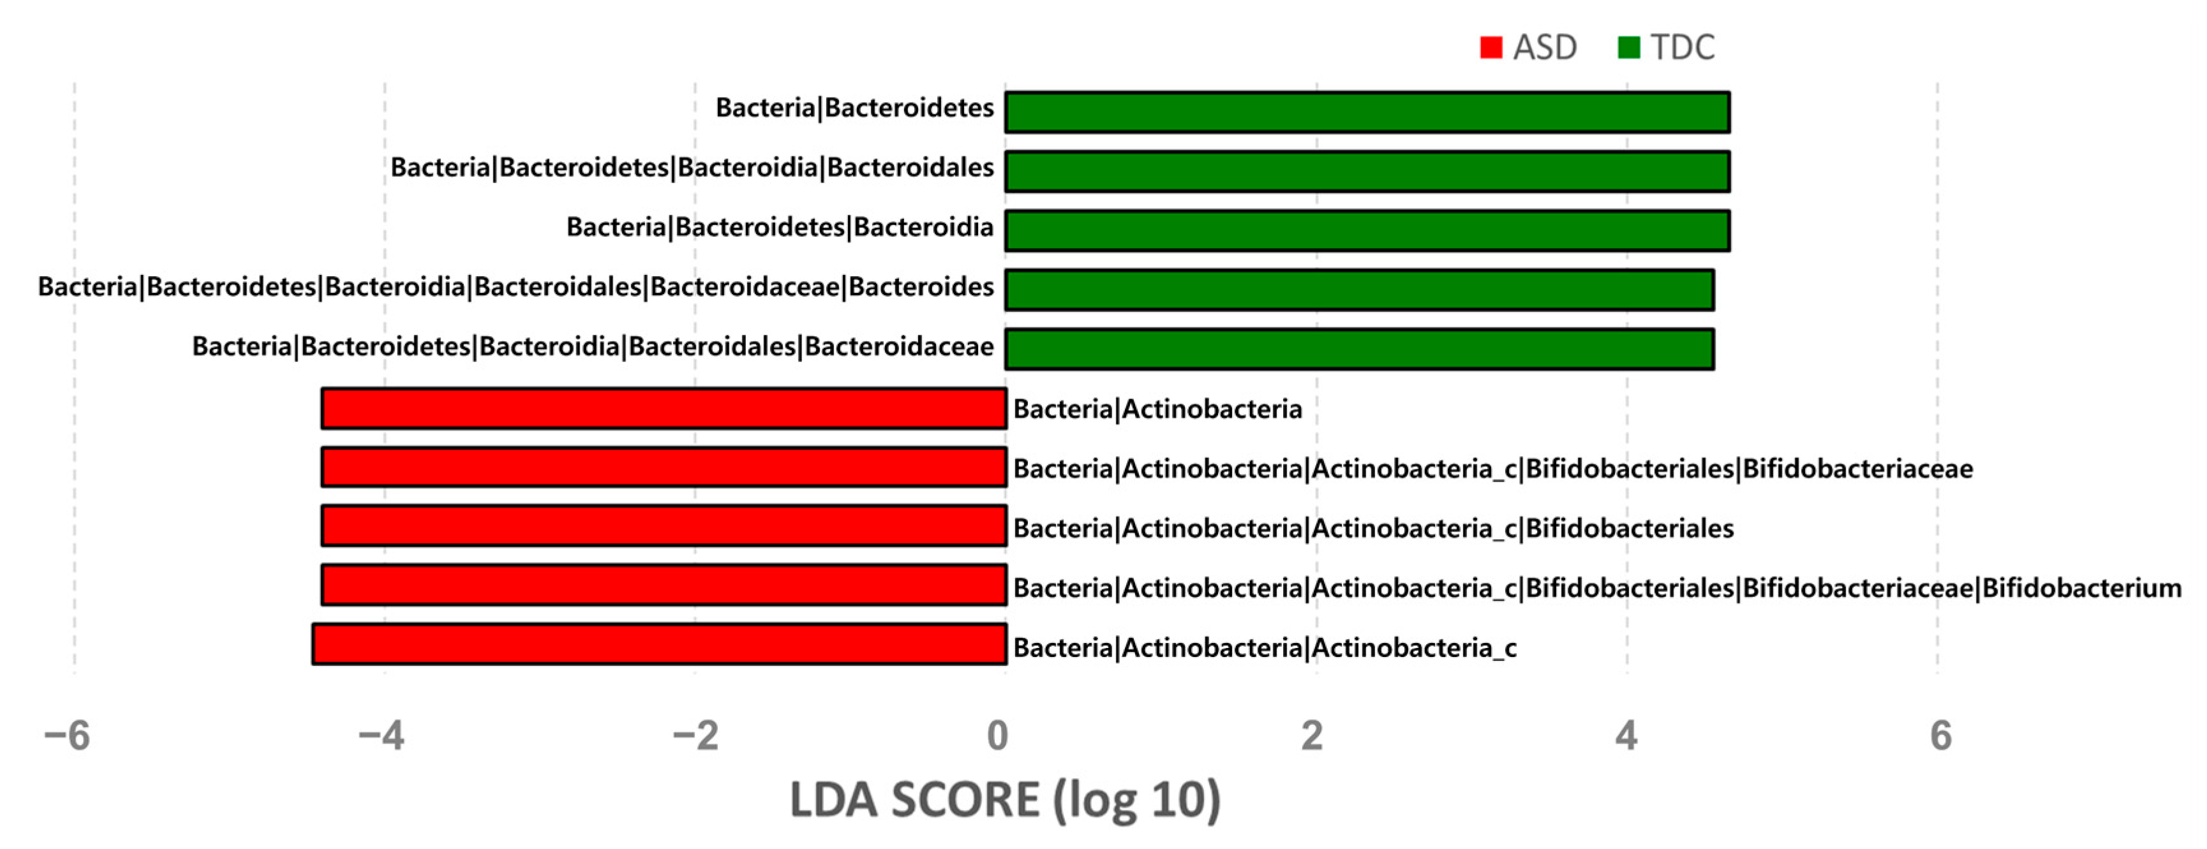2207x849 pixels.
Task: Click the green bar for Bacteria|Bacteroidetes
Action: pos(1367,112)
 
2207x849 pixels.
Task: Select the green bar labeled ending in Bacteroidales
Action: pos(1367,172)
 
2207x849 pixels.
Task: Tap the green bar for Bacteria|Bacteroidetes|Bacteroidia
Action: pos(1367,230)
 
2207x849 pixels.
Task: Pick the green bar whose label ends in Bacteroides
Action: pos(1359,290)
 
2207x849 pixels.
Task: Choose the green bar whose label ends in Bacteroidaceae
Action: pos(1359,349)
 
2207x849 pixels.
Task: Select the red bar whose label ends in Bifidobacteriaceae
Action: pos(664,467)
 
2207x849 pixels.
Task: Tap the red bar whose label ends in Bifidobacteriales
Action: pos(664,526)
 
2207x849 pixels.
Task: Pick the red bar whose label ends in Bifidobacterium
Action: pos(664,585)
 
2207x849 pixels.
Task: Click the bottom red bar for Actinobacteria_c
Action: pos(660,644)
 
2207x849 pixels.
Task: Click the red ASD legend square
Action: pos(1490,47)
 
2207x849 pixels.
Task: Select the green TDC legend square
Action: pos(1629,47)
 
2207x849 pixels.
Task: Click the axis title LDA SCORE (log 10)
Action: pos(1005,800)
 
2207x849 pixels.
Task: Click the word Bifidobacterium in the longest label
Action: pos(2082,587)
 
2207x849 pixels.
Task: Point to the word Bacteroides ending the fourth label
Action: pos(921,286)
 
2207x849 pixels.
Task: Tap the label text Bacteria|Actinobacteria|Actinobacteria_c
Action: pos(1265,647)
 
